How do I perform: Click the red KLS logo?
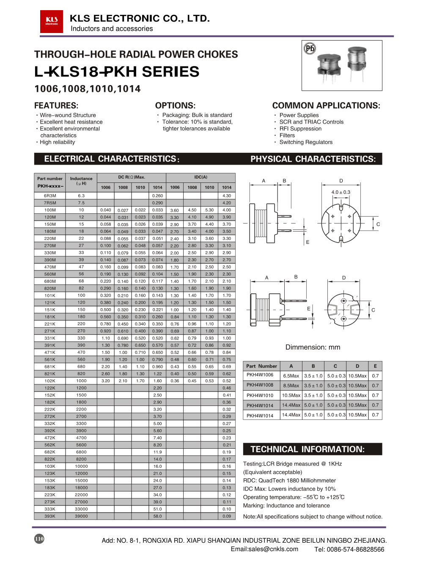(52, 22)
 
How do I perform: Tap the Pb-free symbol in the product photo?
(310, 48)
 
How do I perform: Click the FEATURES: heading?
(56, 105)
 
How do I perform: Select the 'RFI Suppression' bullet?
(300, 129)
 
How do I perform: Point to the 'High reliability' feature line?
(58, 142)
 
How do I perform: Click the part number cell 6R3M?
(50, 196)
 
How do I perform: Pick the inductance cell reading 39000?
(81, 516)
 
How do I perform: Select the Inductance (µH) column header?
(81, 181)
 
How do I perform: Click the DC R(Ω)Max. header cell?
(132, 177)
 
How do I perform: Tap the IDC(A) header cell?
(201, 177)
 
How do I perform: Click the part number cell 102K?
(50, 381)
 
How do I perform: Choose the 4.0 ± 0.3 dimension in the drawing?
(341, 192)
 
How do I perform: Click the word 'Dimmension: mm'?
(313, 347)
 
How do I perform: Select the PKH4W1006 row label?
(260, 375)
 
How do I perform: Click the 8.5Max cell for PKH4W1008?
(291, 386)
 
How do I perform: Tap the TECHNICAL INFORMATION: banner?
(313, 449)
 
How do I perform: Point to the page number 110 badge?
(39, 538)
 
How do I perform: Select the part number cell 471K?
(50, 352)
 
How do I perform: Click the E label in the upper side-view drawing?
(308, 242)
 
